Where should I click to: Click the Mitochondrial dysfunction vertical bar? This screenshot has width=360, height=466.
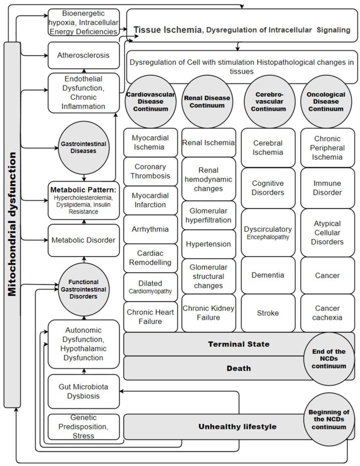pos(12,224)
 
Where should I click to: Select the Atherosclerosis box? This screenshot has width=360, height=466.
pos(84,55)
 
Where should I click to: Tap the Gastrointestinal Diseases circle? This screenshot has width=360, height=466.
pos(84,147)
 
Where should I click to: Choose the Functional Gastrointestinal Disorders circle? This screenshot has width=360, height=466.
pos(84,289)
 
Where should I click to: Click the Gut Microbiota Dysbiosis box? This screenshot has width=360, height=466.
pos(84,391)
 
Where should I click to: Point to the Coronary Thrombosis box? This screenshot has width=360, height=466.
pos(151,171)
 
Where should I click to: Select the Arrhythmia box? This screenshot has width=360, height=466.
pos(151,229)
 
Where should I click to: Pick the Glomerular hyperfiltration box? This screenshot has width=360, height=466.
pos(208,215)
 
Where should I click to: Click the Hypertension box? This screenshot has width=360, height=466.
pos(208,244)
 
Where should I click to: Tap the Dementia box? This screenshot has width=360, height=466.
pos(268,275)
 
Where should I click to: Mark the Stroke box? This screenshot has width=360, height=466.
pos(268,313)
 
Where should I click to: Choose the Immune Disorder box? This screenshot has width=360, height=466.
pos(327,188)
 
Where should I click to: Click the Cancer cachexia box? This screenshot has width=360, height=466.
pos(327,313)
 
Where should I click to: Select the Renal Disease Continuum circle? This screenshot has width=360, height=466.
pos(207,102)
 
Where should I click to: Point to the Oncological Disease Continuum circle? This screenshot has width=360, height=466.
pos(326,102)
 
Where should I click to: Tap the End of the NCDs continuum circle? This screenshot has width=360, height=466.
pos(329,359)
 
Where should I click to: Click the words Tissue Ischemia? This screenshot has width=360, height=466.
pos(168,30)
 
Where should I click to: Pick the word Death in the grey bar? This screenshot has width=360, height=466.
pos(239,368)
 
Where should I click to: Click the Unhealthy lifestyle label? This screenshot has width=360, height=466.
pos(237,427)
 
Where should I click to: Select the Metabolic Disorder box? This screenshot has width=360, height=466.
pos(84,241)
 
